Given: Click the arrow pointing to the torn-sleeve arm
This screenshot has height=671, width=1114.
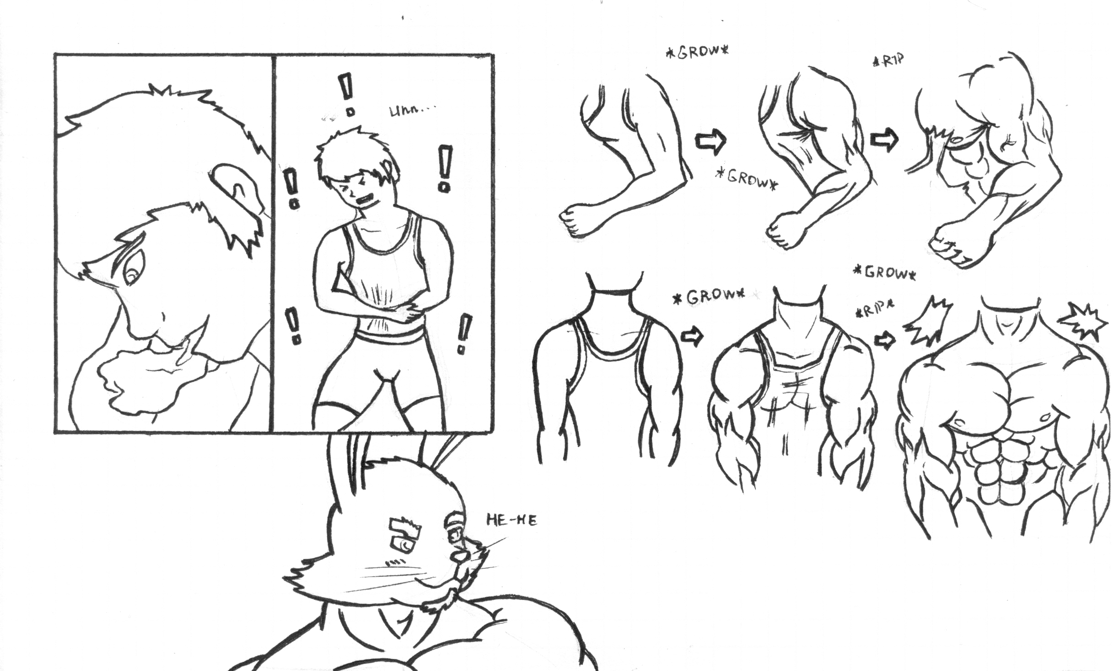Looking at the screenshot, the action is [884, 141].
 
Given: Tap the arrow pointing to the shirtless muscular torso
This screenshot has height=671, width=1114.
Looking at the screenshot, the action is [885, 341].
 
